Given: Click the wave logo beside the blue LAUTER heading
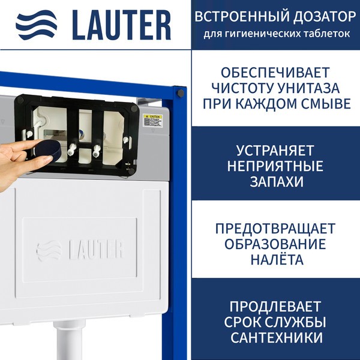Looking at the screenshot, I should coord(36,25).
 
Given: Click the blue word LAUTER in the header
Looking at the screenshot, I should coord(121,25).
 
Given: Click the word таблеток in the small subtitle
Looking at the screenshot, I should coord(329,34).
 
